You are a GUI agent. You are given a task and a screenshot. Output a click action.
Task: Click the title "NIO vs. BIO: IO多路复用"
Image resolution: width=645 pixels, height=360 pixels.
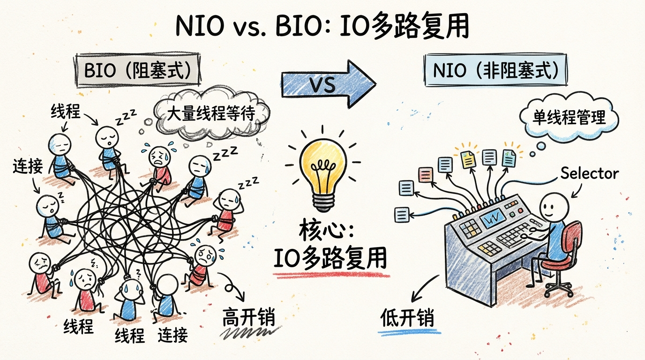(322, 28)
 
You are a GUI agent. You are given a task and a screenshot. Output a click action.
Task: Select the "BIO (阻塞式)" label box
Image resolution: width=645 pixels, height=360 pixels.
(136, 71)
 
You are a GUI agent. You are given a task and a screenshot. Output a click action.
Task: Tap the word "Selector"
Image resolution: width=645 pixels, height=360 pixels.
(589, 173)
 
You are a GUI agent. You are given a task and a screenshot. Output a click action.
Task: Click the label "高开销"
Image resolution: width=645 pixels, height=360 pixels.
(248, 318)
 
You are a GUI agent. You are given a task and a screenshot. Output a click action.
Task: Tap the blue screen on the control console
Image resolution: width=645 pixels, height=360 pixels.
(492, 217)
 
